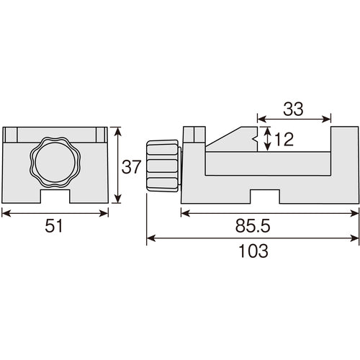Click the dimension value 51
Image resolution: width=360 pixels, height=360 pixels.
click(55, 226)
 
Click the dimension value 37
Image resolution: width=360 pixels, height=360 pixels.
click(130, 168)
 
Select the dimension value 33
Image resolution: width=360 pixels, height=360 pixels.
click(292, 109)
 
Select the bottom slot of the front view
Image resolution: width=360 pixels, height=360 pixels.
click(55, 196)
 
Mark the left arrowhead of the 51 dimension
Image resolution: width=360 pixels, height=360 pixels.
click(4, 212)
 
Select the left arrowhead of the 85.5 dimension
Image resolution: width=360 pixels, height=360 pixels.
click(183, 212)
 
